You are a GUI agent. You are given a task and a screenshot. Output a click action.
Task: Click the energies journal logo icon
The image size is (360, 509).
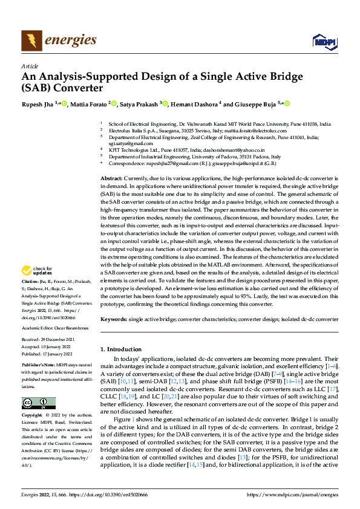[31, 41]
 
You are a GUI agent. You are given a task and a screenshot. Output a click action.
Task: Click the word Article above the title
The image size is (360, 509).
[30, 66]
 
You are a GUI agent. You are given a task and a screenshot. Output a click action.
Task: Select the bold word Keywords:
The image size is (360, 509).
[113, 318]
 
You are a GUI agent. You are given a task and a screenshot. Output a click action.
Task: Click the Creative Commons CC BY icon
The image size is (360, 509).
[38, 403]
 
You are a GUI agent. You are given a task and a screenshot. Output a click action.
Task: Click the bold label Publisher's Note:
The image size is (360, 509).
[39, 366]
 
